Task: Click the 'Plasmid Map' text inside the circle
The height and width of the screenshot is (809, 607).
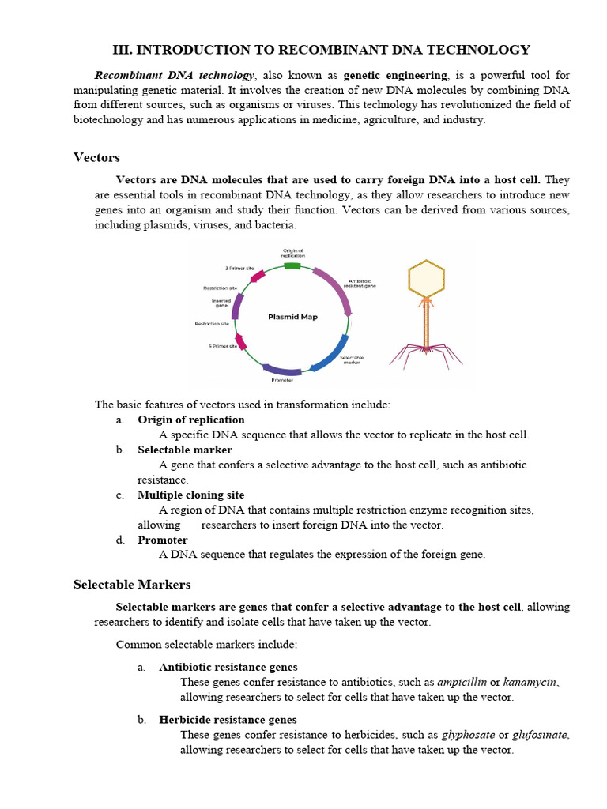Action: tap(292, 317)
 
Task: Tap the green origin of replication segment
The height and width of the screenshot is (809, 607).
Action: tap(292, 266)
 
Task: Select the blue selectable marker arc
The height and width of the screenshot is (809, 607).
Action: tap(334, 353)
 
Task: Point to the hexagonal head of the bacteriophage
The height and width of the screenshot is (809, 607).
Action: tap(426, 278)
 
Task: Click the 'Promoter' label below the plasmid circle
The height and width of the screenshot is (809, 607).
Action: tap(281, 380)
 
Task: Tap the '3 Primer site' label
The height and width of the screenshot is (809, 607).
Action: tap(239, 269)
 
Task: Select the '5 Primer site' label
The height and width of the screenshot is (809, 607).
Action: tap(222, 346)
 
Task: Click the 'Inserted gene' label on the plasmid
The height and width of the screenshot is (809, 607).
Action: tap(221, 303)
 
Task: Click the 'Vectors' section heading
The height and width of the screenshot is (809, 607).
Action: tap(96, 157)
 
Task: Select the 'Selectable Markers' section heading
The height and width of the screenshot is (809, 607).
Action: tap(132, 585)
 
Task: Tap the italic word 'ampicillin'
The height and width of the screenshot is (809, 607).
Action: tap(462, 682)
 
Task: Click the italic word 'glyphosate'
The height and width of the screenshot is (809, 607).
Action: tap(468, 735)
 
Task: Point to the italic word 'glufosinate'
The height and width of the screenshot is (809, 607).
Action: tap(540, 735)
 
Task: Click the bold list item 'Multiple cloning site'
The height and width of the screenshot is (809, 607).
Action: tap(190, 495)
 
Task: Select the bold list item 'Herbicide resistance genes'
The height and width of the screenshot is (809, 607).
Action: tap(228, 720)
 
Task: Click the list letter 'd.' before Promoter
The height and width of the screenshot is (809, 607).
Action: tap(120, 540)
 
